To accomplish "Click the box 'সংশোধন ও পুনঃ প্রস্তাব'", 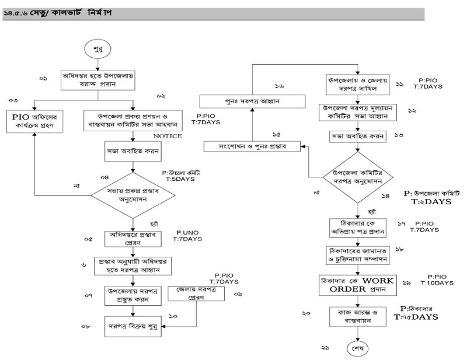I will pyautogui.click(x=252, y=145).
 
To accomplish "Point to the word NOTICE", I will pyautogui.click(x=168, y=137).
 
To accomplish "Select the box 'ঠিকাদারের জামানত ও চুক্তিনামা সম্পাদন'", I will pyautogui.click(x=358, y=254).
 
